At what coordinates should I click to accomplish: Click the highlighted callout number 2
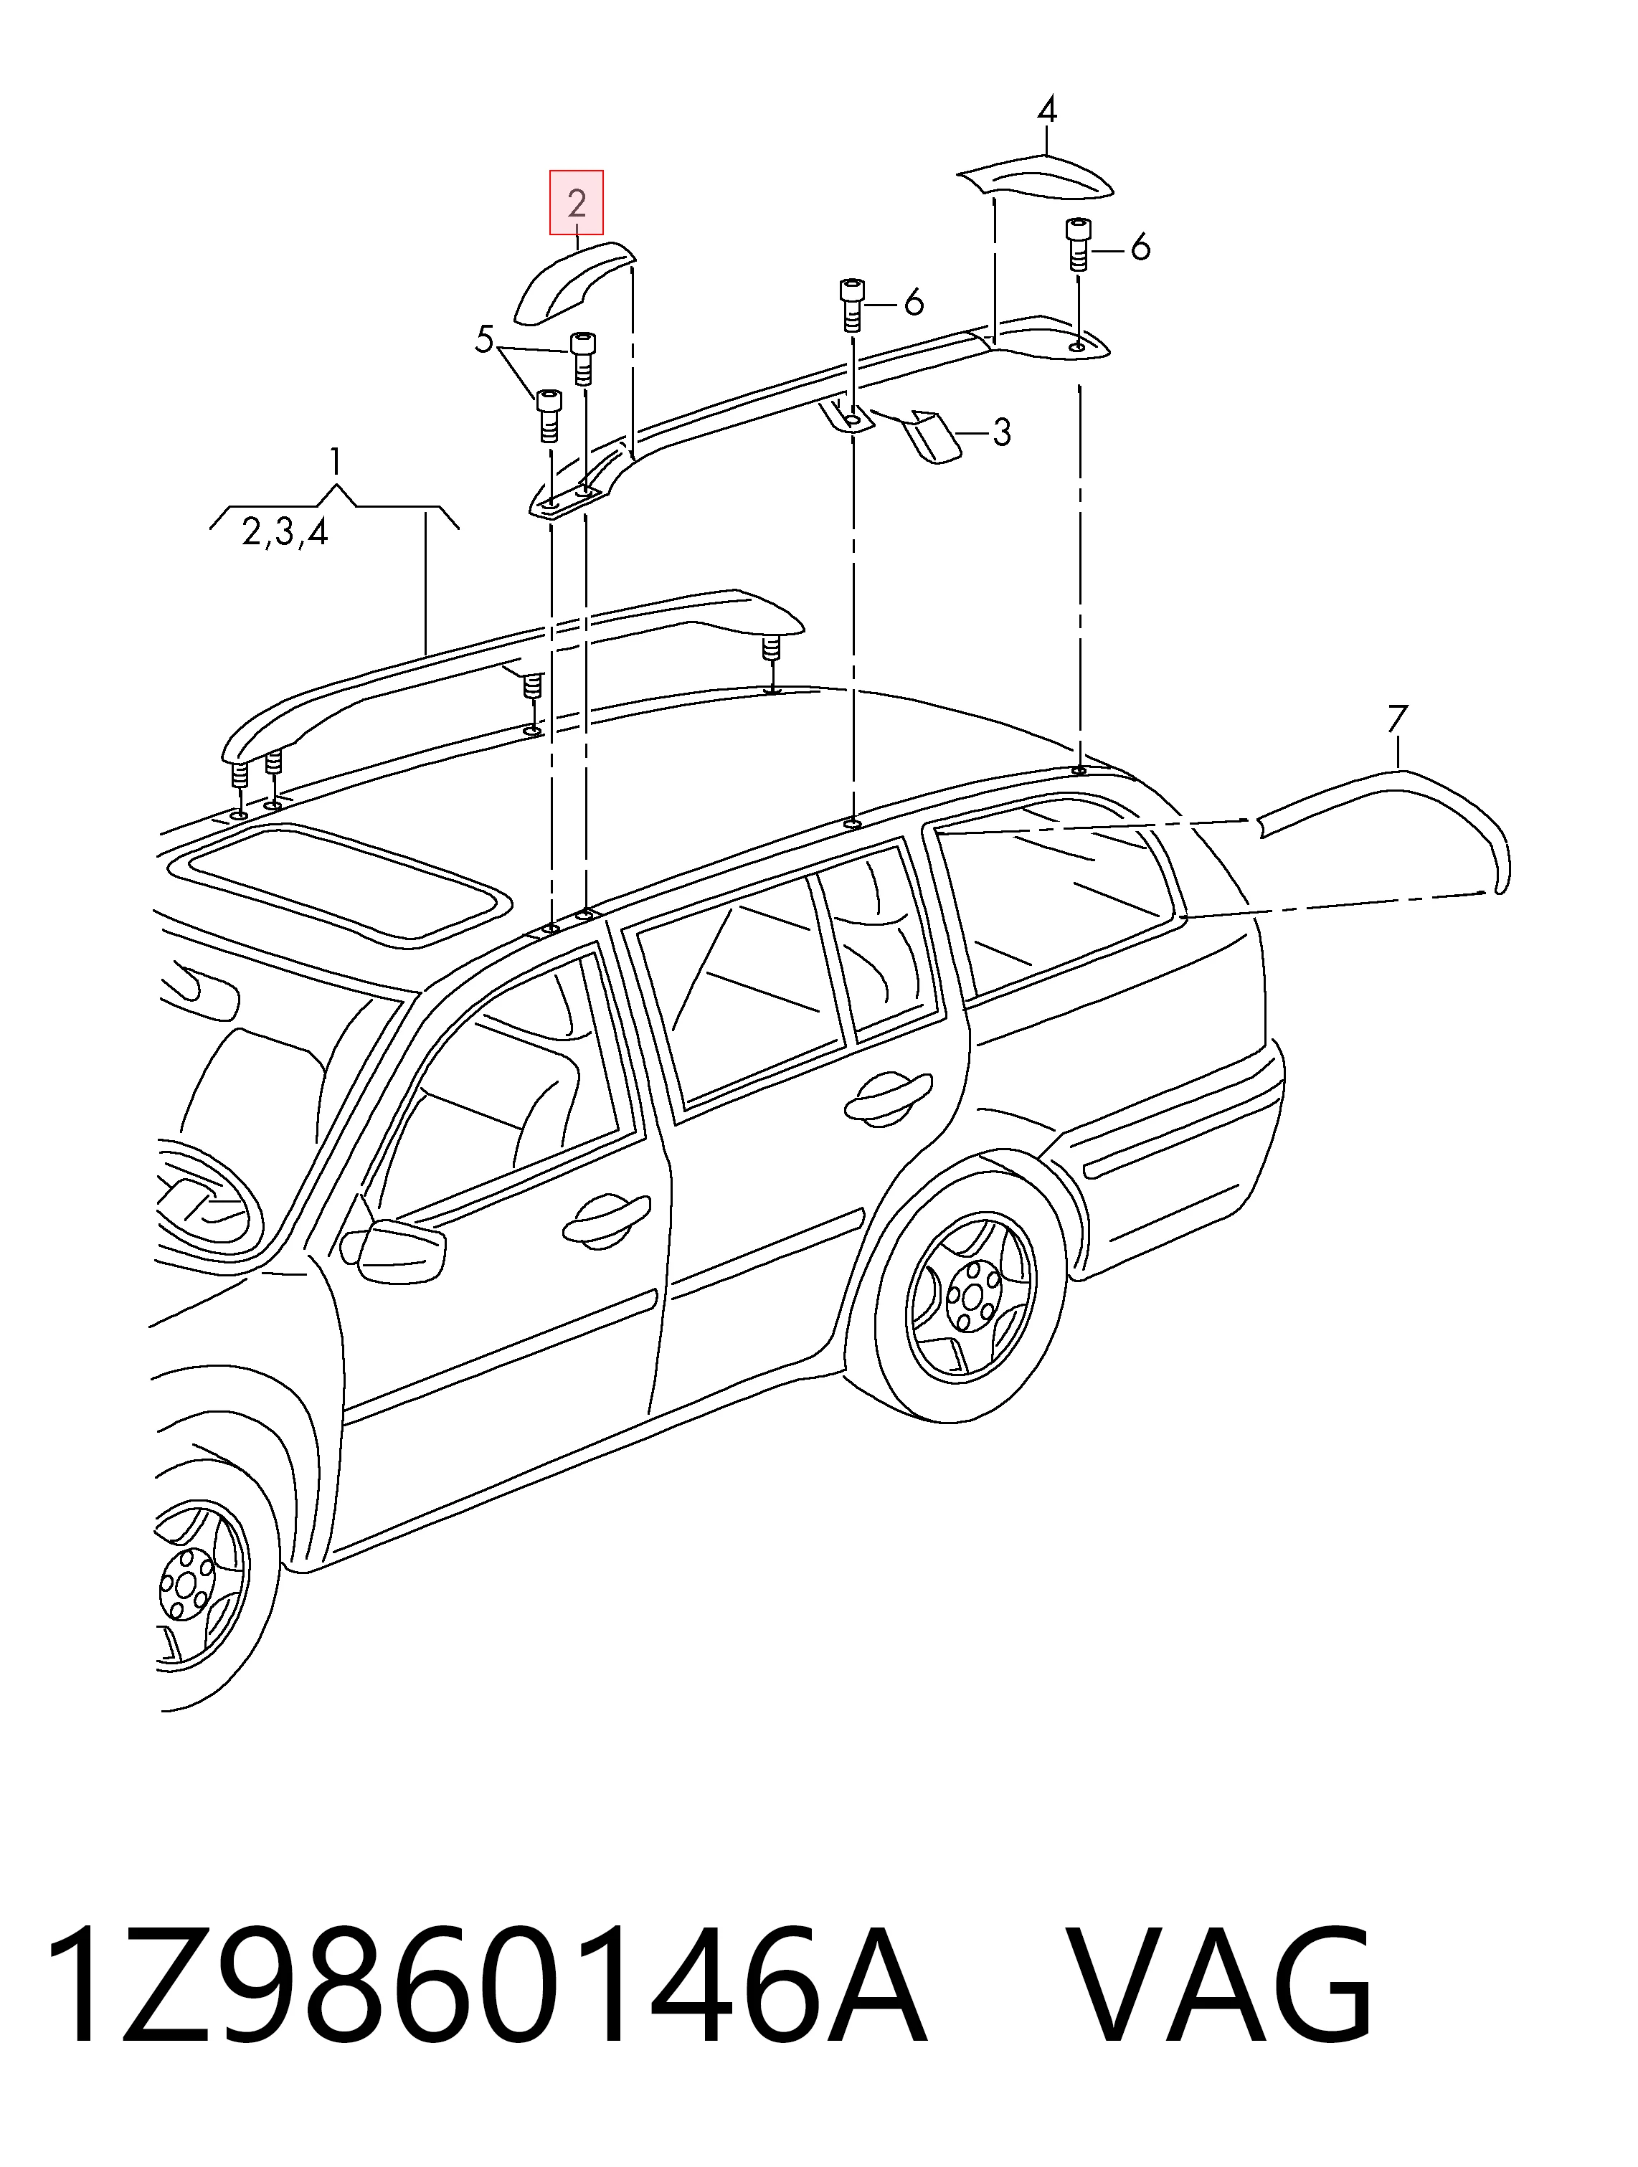576,203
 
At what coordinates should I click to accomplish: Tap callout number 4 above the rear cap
1047,109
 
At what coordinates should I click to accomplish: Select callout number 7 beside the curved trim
1397,720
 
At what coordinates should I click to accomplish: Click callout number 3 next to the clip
1000,431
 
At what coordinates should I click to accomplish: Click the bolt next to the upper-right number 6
1078,246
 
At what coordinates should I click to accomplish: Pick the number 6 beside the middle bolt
913,303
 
